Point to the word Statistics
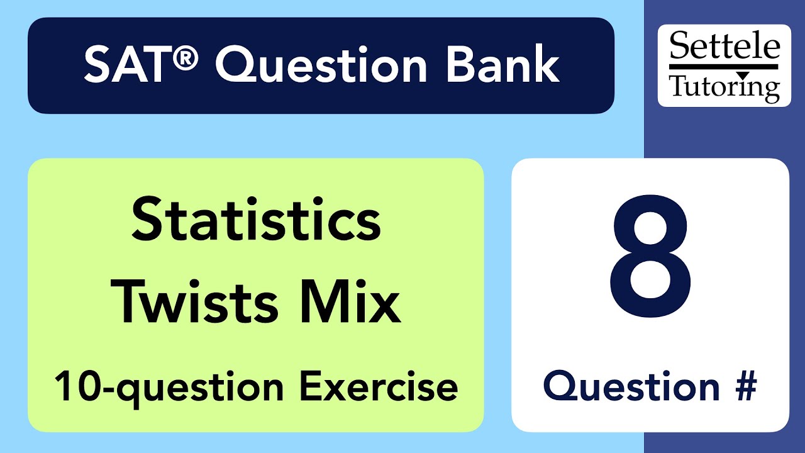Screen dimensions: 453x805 click(x=256, y=221)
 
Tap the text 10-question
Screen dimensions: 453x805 click(x=167, y=386)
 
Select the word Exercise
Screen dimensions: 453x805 click(x=378, y=386)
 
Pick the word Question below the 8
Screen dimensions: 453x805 click(x=631, y=386)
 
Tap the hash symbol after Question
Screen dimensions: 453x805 click(x=744, y=386)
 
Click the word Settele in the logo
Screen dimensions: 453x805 click(x=724, y=48)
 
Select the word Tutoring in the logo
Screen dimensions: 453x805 click(x=724, y=86)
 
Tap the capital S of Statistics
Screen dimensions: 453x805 click(x=147, y=221)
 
